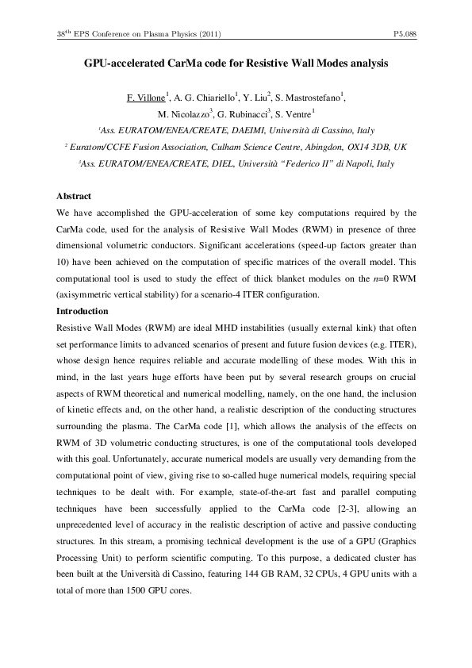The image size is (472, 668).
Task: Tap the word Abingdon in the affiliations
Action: coord(321,148)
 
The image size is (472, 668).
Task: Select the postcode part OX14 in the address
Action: coord(361,148)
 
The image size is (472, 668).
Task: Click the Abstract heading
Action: coord(74,196)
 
